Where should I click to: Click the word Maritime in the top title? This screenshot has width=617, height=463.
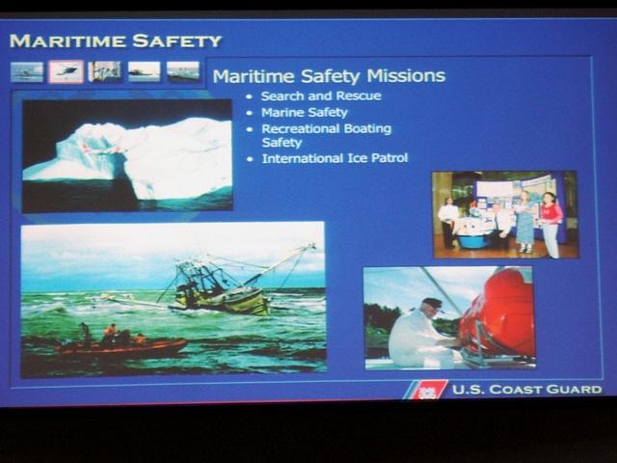67,41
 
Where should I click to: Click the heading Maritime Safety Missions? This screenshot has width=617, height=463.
329,76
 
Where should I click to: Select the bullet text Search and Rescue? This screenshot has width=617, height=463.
321,96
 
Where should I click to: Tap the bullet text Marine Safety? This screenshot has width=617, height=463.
305,113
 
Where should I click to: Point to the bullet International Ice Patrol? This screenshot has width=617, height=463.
335,158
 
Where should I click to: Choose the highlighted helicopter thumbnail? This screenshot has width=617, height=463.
67,71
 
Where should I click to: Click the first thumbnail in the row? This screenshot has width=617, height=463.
27,72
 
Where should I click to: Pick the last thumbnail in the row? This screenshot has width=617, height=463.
183,71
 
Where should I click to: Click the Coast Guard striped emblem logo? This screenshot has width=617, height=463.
425,390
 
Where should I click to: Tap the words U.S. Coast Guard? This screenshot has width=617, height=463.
527,390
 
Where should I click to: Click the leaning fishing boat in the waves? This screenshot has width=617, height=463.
221,286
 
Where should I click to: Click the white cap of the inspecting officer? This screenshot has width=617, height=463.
432,304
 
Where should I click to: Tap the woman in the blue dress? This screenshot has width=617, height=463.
524,222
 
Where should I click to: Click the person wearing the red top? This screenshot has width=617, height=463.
550,225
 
